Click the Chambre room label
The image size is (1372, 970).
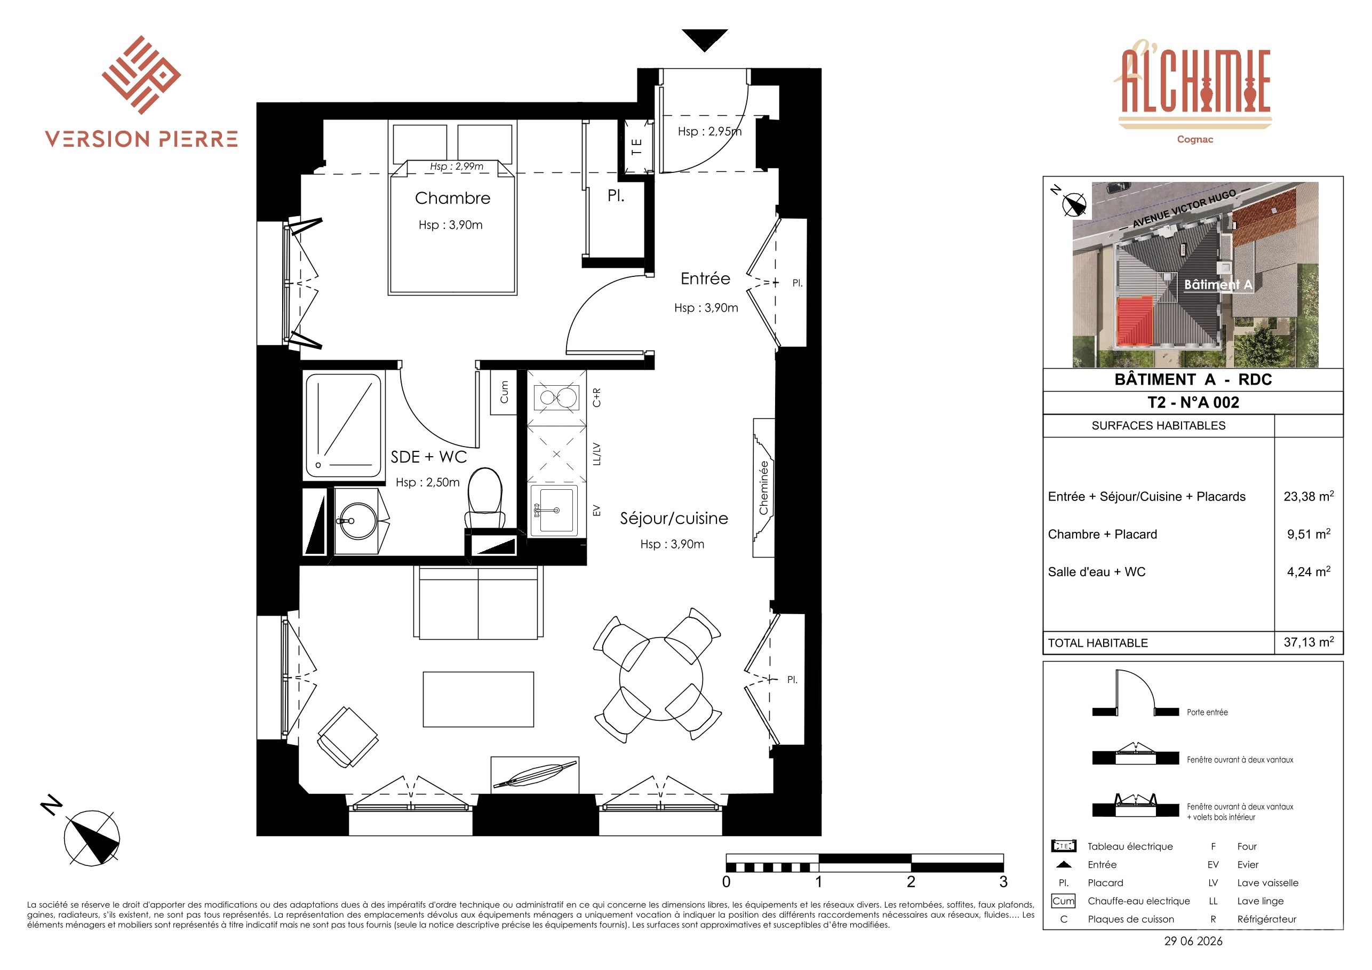point(452,198)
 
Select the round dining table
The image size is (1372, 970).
point(661,678)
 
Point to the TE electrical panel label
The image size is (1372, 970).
point(636,146)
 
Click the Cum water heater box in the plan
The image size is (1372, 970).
point(503,392)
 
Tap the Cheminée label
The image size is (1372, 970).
point(763,487)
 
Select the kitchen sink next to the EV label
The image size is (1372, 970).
point(554,510)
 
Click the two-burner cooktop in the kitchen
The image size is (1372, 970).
point(556,397)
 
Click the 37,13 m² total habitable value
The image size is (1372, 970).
point(1309,642)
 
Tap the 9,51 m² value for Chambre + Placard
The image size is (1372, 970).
point(1309,534)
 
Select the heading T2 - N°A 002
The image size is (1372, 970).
point(1193,402)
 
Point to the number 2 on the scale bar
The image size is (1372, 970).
point(911,881)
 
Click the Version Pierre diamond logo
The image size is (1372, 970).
point(141,75)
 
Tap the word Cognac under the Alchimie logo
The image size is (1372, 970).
point(1195,139)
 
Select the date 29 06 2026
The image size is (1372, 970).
point(1193,941)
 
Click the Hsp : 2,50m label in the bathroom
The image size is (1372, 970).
point(428,482)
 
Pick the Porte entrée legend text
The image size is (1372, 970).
point(1207,712)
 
